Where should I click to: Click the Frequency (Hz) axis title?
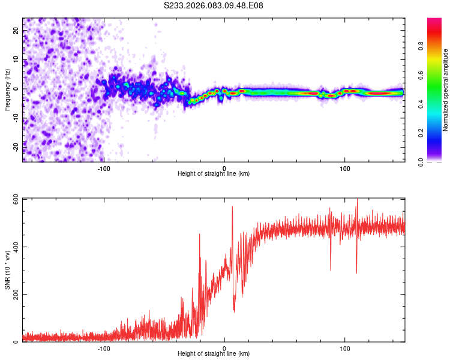[x=7, y=89]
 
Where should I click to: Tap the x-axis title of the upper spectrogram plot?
[x=214, y=174]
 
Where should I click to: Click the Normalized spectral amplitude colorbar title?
[x=445, y=89]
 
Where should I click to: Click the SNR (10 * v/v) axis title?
[x=7, y=270]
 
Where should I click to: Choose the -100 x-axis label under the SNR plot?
[x=104, y=348]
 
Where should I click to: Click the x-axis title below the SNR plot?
[x=214, y=355]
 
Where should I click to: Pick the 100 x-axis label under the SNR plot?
[x=345, y=348]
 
